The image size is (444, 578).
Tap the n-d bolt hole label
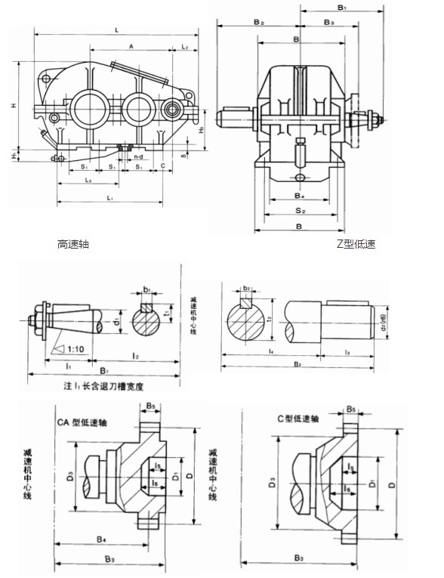pos(137,157)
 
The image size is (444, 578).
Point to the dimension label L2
pos(185,47)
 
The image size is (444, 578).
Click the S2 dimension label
pos(299,210)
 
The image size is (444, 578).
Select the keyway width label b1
pos(147,289)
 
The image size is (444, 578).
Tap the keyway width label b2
pos(246,288)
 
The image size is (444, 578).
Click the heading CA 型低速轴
pos(84,423)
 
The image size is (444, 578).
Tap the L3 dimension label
pos(88,181)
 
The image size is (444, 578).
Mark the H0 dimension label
pos(199,130)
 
